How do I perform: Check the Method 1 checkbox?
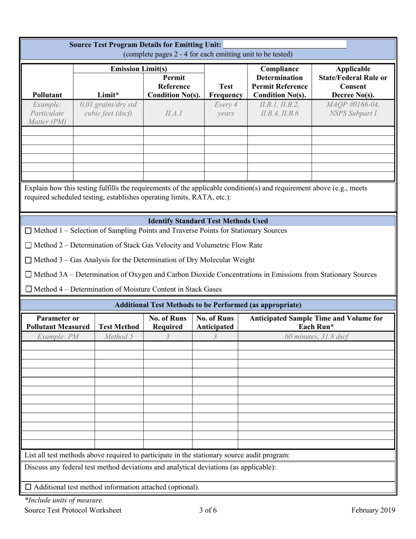pos(28,230)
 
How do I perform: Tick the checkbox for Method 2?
pos(28,245)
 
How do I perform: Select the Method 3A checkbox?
pos(28,275)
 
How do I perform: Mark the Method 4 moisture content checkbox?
pos(28,289)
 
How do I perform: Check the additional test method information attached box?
pos(28,487)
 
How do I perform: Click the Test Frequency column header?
pos(226,91)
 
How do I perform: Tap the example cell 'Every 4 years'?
pos(226,109)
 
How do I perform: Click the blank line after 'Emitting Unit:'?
pos(285,45)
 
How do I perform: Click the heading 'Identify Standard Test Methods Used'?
pos(208,221)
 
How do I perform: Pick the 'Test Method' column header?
pos(119,326)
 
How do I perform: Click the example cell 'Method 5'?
pos(119,337)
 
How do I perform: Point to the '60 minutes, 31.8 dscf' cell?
pos(316,337)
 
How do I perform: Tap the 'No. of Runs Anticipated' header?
pos(215,322)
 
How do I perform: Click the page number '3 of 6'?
pos(208,510)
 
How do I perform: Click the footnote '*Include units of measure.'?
pos(64,500)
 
